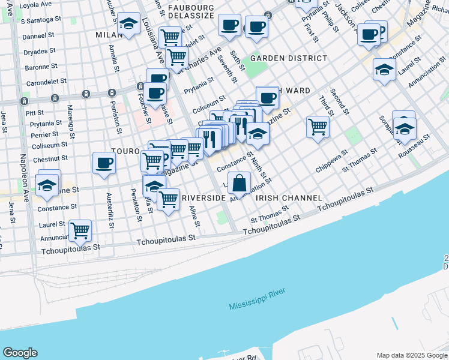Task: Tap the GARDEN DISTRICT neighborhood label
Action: pos(289,58)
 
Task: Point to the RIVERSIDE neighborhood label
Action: pos(203,197)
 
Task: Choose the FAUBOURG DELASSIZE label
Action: pos(191,7)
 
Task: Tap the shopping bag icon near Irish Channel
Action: pos(240,184)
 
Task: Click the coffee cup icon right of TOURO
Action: pos(104,163)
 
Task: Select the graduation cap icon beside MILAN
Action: pos(128,25)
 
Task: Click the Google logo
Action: pos(20,353)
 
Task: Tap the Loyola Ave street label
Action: pos(35,5)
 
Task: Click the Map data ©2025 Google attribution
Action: pos(412,355)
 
